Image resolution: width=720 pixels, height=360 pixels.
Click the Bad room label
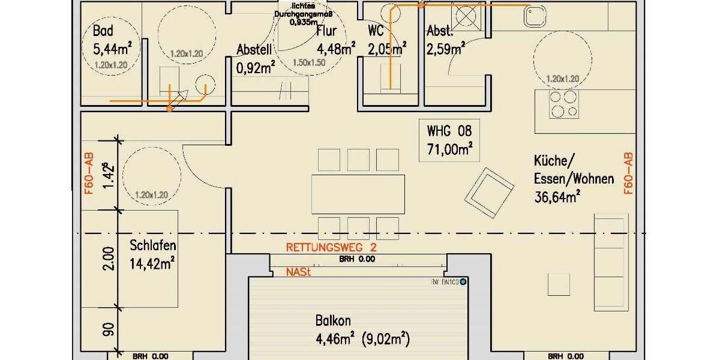point(103,31)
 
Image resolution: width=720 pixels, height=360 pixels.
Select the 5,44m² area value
point(112,47)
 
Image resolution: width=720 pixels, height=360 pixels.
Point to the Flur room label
point(326,31)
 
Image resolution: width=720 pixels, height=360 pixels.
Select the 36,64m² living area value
point(556,196)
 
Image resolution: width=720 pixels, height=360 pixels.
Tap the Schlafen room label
point(152,245)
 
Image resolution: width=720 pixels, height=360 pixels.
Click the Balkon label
point(334,321)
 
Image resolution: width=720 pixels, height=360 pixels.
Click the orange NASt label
point(298,272)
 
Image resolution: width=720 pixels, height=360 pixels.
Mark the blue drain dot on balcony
point(463,281)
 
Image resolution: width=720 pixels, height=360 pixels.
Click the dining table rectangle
point(358,194)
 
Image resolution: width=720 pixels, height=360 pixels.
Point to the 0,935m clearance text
point(304,23)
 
